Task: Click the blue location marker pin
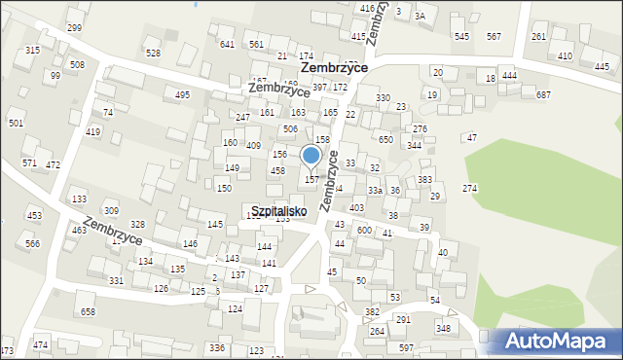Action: click(x=311, y=156)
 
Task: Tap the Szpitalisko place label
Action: click(x=278, y=210)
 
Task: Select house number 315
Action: click(x=32, y=50)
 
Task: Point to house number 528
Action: click(x=153, y=53)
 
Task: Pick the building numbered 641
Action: click(x=227, y=45)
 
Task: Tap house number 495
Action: click(x=182, y=94)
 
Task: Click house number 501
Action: click(x=16, y=124)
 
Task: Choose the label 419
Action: click(x=92, y=131)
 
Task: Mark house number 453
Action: click(x=34, y=215)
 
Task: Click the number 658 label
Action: click(x=88, y=311)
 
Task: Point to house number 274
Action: click(x=470, y=188)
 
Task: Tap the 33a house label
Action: click(x=375, y=191)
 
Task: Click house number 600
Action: click(x=364, y=230)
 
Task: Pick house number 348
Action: click(x=443, y=329)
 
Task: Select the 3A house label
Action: click(x=420, y=16)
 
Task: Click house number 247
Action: click(x=242, y=117)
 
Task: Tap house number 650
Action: click(x=385, y=139)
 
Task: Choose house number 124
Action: click(x=235, y=308)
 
